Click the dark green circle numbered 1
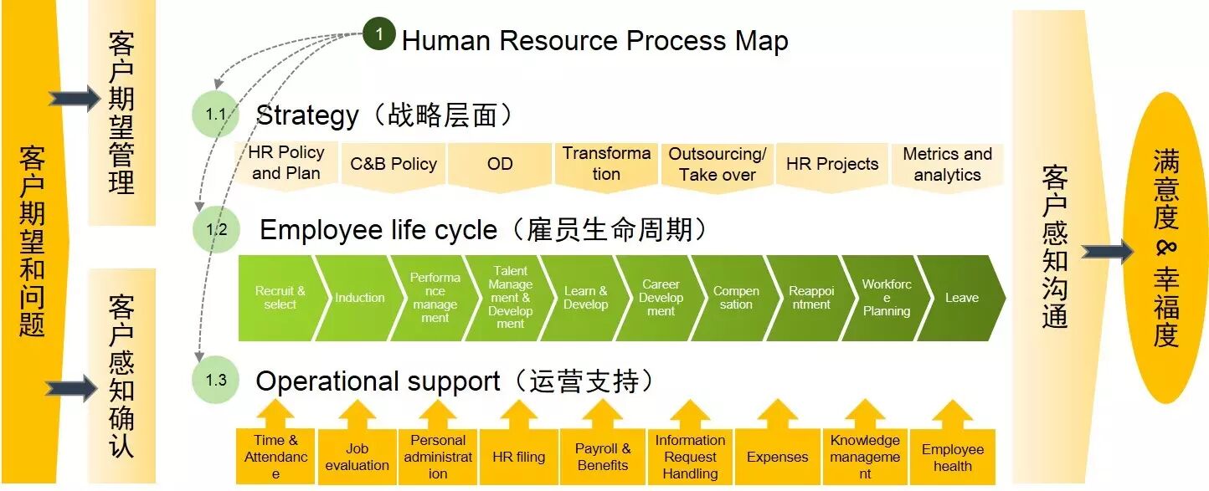pyautogui.click(x=379, y=33)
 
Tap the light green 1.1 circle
pyautogui.click(x=215, y=114)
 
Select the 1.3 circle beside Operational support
pyautogui.click(x=215, y=380)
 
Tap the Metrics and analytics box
pyautogui.click(x=947, y=166)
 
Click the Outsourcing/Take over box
pyautogui.click(x=718, y=166)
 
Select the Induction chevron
pyautogui.click(x=359, y=298)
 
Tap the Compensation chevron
pyautogui.click(x=736, y=298)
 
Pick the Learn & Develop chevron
pyautogui.click(x=585, y=298)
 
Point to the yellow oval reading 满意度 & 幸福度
pyautogui.click(x=1165, y=248)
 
